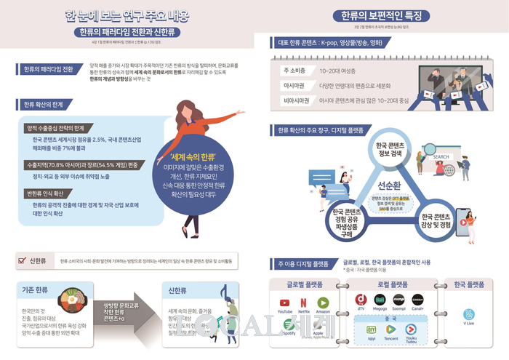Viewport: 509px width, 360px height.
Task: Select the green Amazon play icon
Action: point(324,300)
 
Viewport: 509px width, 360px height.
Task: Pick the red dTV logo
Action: point(360,299)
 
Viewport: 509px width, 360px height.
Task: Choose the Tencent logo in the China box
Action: point(391,329)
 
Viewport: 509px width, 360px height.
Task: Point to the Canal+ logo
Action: point(417,299)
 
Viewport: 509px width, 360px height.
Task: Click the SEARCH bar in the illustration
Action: point(441,156)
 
